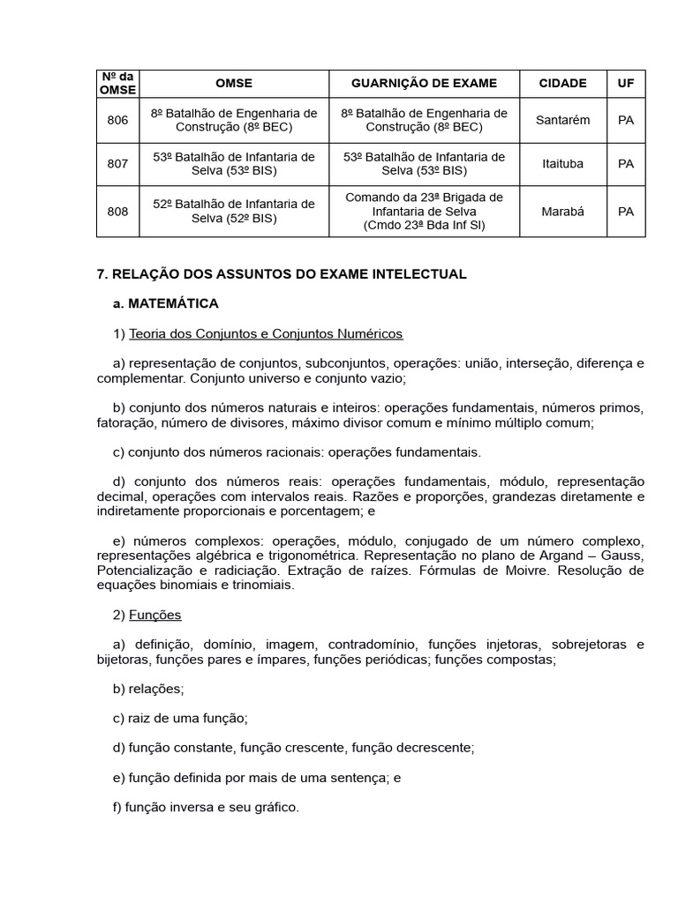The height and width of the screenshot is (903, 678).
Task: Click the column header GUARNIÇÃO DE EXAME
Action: click(424, 83)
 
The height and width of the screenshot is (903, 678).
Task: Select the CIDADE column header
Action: click(562, 83)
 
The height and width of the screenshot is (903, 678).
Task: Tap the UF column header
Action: click(625, 83)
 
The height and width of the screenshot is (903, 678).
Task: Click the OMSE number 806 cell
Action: click(117, 120)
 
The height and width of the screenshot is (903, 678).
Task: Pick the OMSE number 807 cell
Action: click(117, 163)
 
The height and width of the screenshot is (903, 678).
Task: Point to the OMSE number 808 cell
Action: click(117, 212)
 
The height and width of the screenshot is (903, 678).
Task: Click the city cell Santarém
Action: click(562, 120)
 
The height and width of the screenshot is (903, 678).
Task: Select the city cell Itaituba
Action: click(562, 163)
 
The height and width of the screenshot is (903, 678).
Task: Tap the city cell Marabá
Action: click(562, 212)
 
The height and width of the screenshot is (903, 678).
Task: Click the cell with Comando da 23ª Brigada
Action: click(424, 212)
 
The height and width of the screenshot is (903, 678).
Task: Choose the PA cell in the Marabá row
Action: click(625, 212)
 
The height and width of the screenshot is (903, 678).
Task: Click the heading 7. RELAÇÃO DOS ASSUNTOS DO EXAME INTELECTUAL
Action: click(281, 274)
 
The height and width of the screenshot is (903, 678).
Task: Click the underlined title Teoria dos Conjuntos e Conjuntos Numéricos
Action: click(266, 333)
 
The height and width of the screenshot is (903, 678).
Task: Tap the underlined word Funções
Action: click(154, 615)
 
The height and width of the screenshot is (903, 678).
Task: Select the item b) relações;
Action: click(148, 689)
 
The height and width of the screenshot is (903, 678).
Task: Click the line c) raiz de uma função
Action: click(180, 718)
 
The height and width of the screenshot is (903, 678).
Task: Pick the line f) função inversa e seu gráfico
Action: click(206, 806)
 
